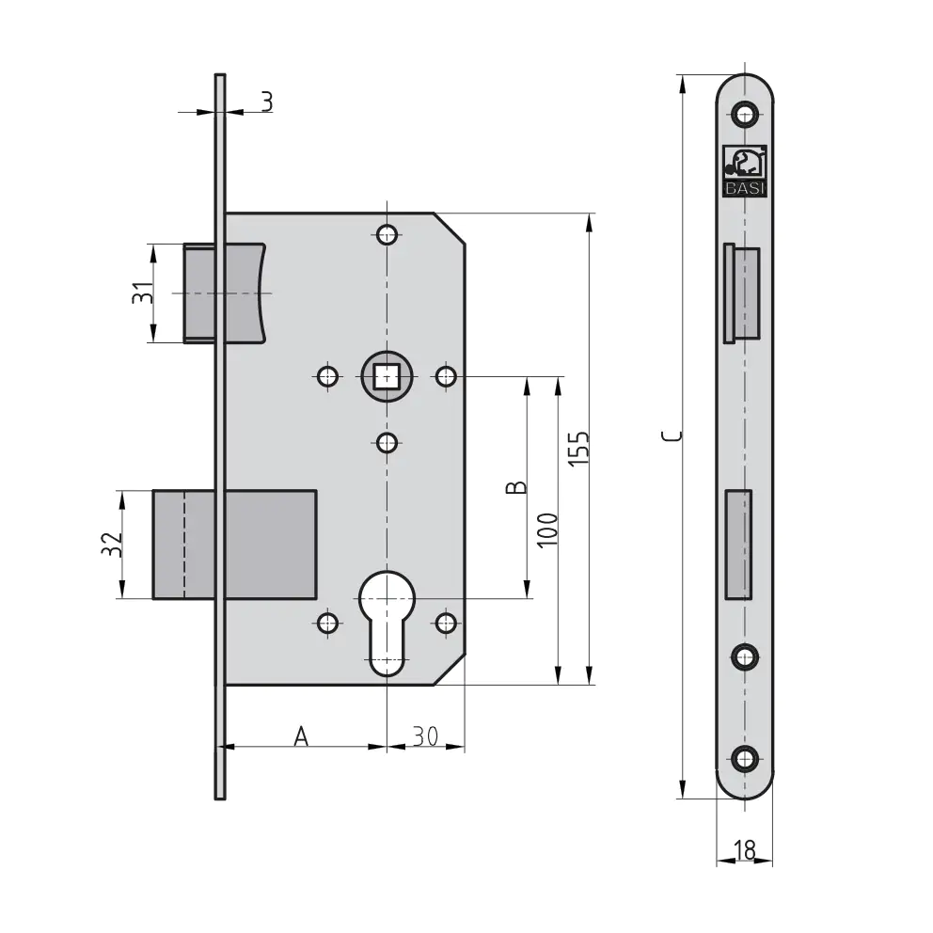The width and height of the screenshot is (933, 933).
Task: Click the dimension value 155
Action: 579,448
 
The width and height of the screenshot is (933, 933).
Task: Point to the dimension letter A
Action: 301,735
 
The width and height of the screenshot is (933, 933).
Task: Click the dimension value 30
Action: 425,736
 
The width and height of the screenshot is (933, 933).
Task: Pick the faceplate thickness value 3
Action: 267,101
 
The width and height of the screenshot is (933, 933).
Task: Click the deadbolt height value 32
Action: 111,545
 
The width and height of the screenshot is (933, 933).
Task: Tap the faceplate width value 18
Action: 744,850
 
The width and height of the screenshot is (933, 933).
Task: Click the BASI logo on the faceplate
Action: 744,171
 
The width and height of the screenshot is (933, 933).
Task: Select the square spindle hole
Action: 385,377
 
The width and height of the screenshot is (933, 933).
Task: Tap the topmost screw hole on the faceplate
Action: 745,115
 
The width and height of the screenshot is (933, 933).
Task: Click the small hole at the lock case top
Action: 386,233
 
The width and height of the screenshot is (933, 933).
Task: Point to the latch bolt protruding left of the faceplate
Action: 201,293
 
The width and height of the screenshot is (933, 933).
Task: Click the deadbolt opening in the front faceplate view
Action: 739,544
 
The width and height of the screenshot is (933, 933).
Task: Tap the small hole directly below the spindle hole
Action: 386,441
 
